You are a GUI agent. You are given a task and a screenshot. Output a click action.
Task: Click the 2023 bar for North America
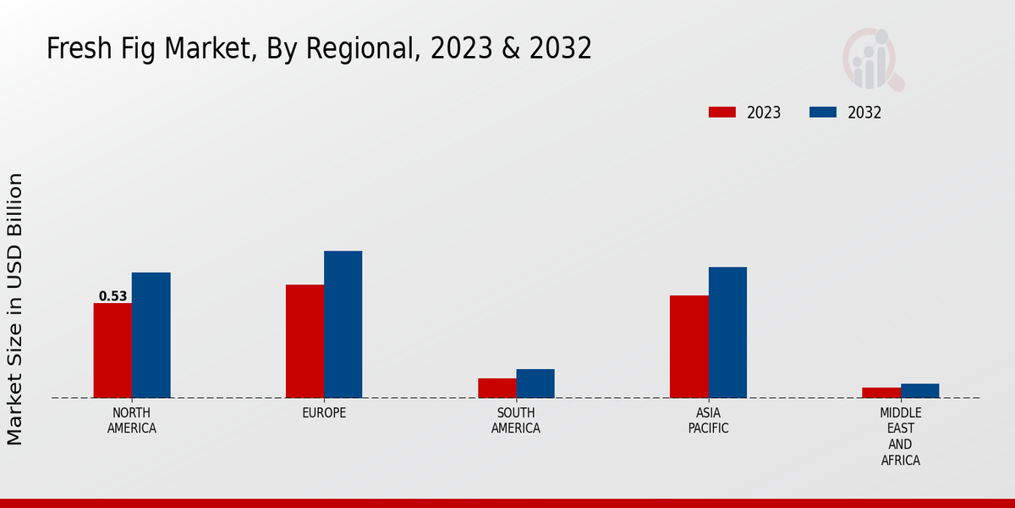click(x=112, y=351)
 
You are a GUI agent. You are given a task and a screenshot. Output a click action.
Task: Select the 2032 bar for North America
click(x=151, y=335)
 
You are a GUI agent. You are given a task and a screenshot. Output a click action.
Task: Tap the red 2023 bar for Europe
click(x=304, y=341)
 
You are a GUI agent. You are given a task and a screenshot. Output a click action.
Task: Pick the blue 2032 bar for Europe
click(x=343, y=324)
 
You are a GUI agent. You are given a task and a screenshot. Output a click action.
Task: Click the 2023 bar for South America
click(x=497, y=388)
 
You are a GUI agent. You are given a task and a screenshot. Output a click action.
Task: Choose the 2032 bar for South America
click(x=535, y=384)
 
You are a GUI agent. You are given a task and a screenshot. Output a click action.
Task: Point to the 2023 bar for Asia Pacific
click(x=689, y=346)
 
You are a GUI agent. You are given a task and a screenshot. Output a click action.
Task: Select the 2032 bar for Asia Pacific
click(x=727, y=332)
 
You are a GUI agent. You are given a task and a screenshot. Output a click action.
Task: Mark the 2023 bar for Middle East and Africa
click(x=881, y=393)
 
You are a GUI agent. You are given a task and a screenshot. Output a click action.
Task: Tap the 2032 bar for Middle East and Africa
click(x=919, y=390)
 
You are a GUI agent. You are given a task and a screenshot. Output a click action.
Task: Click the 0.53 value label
click(x=112, y=296)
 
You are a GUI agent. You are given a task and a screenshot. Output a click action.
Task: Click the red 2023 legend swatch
click(x=722, y=113)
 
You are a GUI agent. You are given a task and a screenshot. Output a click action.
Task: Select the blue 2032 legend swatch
click(x=823, y=113)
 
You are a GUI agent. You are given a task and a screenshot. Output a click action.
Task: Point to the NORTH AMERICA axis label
click(x=132, y=421)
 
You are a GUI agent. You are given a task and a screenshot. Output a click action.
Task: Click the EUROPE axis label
click(x=324, y=413)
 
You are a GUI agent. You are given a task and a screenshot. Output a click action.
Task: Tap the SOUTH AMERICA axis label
click(x=516, y=421)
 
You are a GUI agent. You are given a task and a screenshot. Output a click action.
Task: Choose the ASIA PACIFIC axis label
click(x=708, y=421)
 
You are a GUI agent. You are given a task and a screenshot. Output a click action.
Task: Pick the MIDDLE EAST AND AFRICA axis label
click(x=900, y=437)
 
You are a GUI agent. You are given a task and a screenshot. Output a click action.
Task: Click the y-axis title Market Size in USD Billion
click(x=15, y=309)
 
